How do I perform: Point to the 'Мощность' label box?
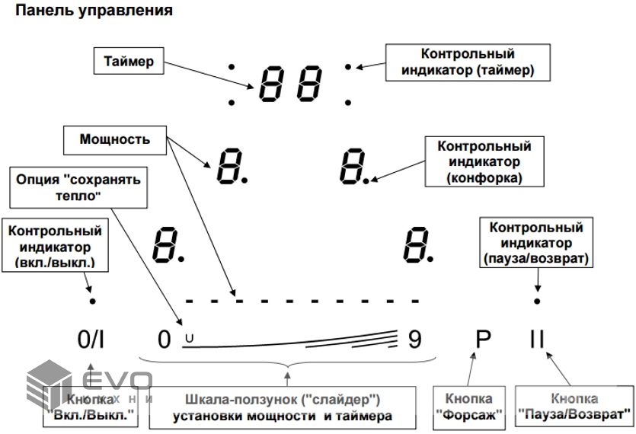[x=114, y=140]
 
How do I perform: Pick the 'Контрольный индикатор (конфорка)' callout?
[x=484, y=161]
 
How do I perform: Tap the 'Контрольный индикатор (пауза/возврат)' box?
[x=536, y=244]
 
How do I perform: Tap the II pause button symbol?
[x=538, y=339]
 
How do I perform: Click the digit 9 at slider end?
[x=414, y=339]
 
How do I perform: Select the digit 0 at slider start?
[x=164, y=339]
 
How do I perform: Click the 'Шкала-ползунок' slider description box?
[x=281, y=407]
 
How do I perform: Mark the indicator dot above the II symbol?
[x=538, y=302]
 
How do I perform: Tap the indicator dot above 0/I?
[x=92, y=302]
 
